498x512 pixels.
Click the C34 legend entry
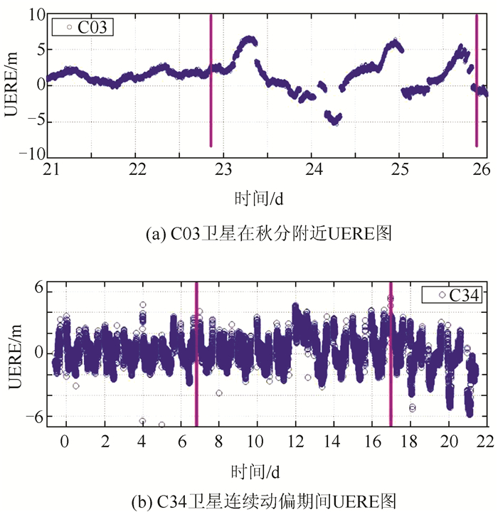[x=452, y=294]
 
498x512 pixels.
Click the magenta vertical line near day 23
[x=211, y=78]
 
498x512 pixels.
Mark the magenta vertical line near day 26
[x=476, y=78]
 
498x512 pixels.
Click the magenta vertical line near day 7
[x=196, y=356]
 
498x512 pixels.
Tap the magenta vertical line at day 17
[x=391, y=356]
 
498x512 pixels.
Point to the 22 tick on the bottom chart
[x=486, y=441]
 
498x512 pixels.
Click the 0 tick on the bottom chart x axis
[x=65, y=441]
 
